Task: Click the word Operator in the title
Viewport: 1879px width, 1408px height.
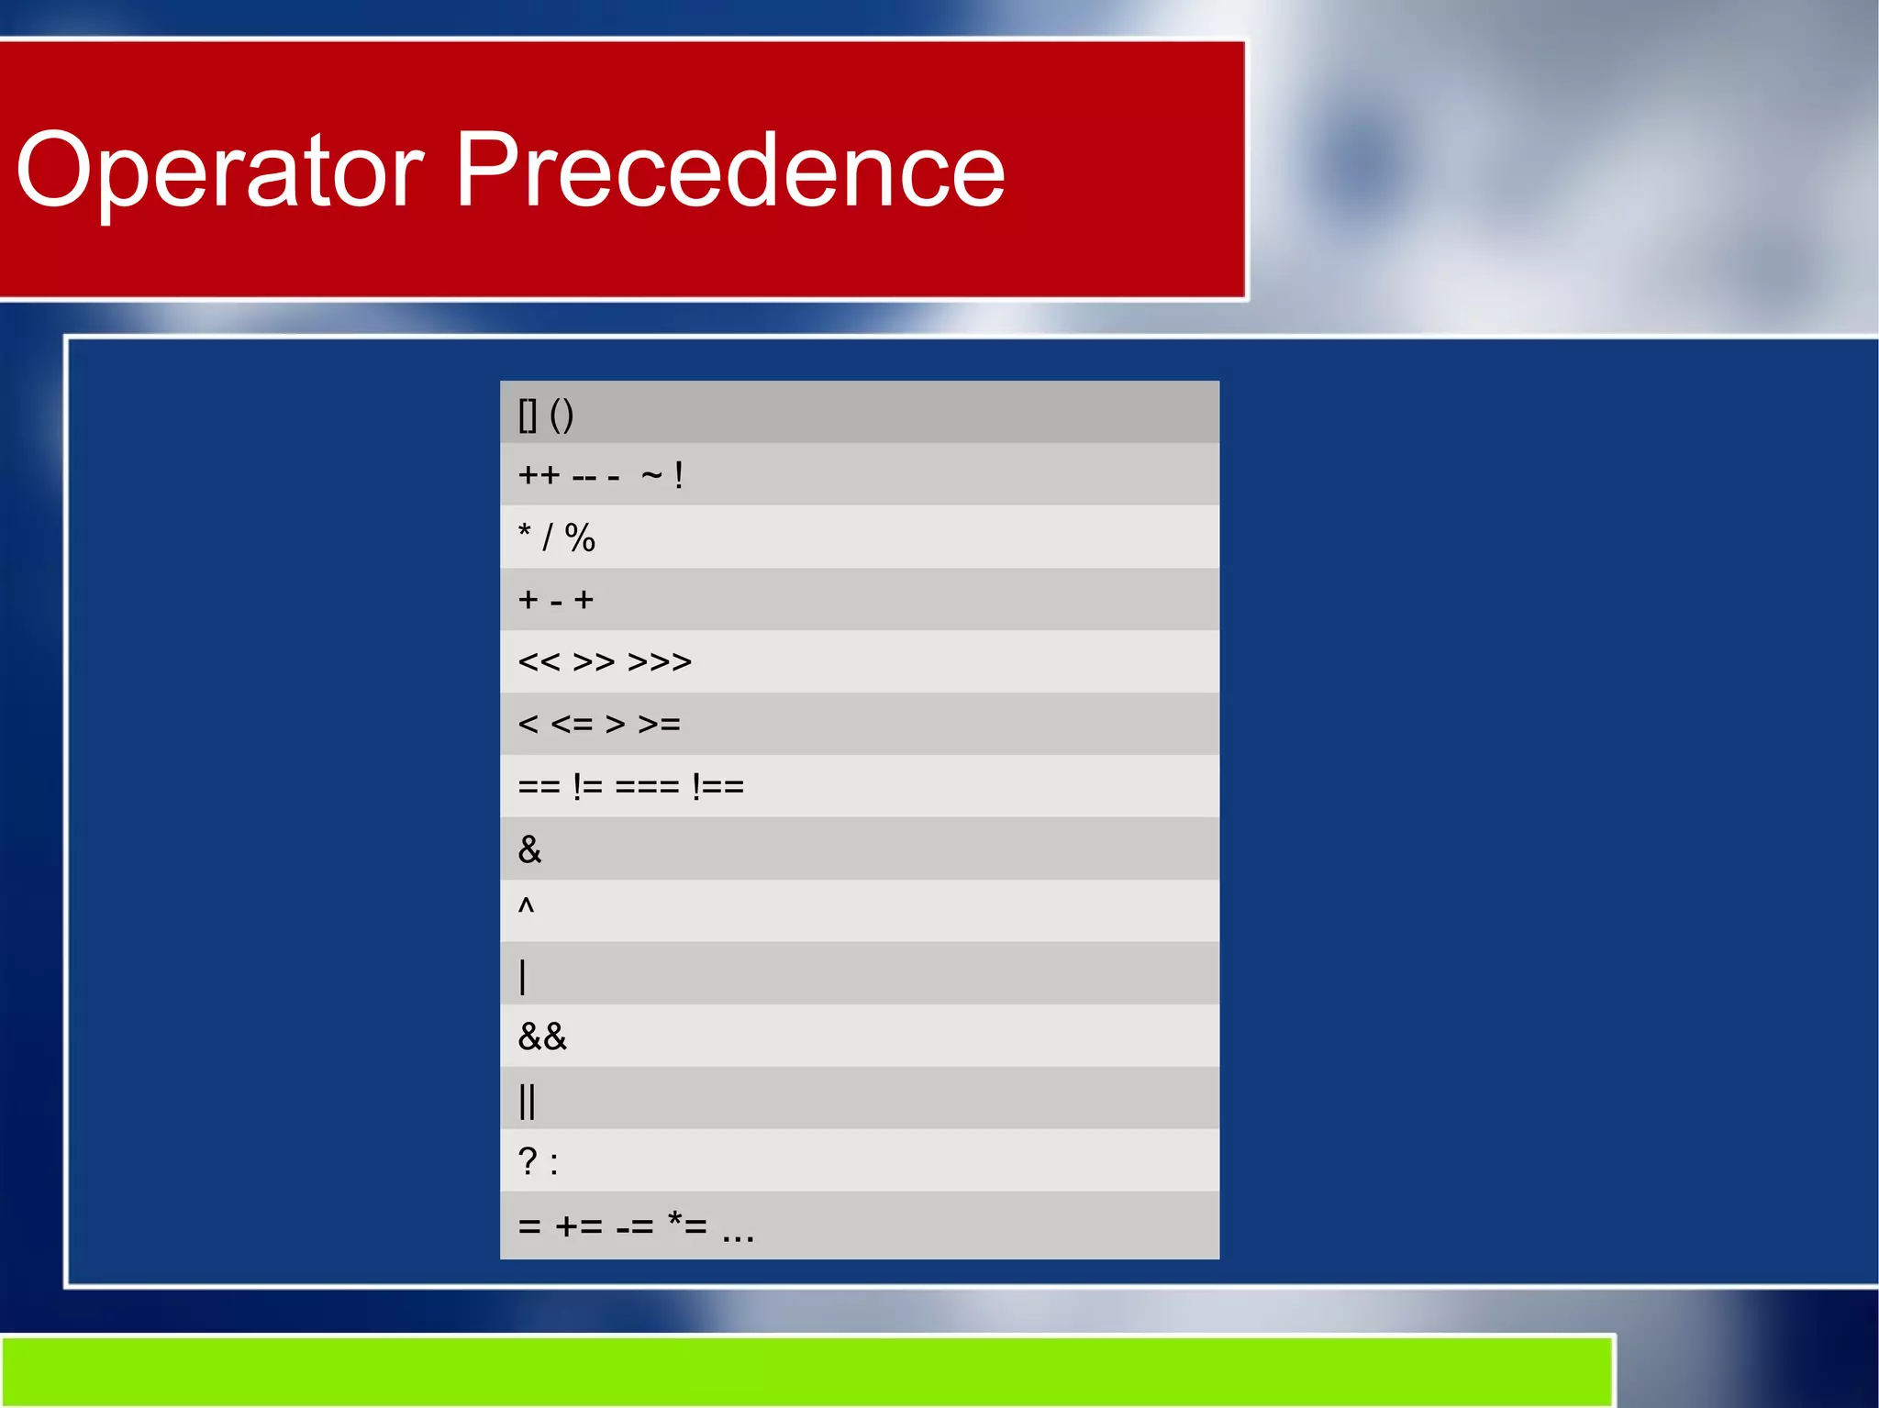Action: pos(220,172)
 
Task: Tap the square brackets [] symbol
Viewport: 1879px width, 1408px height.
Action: pos(528,415)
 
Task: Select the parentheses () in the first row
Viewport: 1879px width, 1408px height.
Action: pos(561,415)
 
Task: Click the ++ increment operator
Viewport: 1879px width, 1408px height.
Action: pos(539,475)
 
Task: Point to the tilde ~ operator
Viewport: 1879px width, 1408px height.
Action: pos(651,475)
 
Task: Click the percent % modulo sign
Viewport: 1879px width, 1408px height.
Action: pos(580,538)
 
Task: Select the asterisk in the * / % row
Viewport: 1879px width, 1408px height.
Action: pos(525,532)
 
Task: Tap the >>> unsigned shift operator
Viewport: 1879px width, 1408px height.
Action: pos(660,662)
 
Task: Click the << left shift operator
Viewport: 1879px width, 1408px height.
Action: pos(539,662)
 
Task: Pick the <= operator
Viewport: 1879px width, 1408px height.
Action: pos(572,725)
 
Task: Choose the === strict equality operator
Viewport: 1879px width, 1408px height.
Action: pos(647,787)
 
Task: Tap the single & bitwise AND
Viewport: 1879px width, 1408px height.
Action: pos(529,849)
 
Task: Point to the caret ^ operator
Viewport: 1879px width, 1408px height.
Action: pos(526,906)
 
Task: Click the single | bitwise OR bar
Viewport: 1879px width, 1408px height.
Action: pos(523,976)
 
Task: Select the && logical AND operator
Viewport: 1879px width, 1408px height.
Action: pos(542,1037)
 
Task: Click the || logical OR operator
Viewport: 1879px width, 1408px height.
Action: pos(527,1101)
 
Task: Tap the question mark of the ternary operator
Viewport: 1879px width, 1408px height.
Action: pos(528,1161)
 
